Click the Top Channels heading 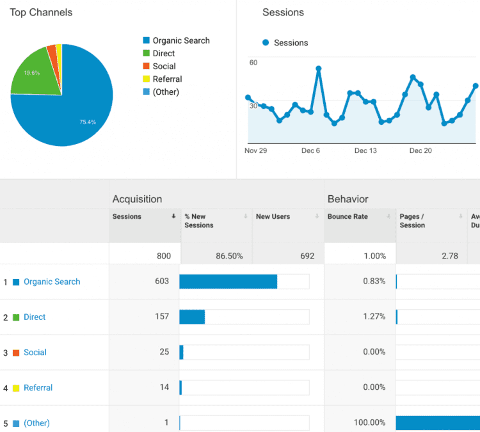coord(41,13)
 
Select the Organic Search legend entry coord(180,41)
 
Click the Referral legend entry coord(167,79)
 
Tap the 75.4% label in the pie coord(88,122)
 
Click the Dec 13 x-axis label coord(365,151)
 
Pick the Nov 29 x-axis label coord(255,151)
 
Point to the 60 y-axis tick coord(253,63)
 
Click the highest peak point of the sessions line coord(318,68)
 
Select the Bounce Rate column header coord(348,217)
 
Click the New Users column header coord(273,217)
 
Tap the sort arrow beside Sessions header coord(173,217)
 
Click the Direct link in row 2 coord(35,317)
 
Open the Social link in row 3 coord(35,353)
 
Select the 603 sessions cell coord(162,282)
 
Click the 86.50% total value coord(229,256)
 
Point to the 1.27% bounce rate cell coord(374,317)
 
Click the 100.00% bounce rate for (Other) coord(369,423)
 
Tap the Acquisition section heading coord(137,199)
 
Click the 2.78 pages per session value coord(449,256)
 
